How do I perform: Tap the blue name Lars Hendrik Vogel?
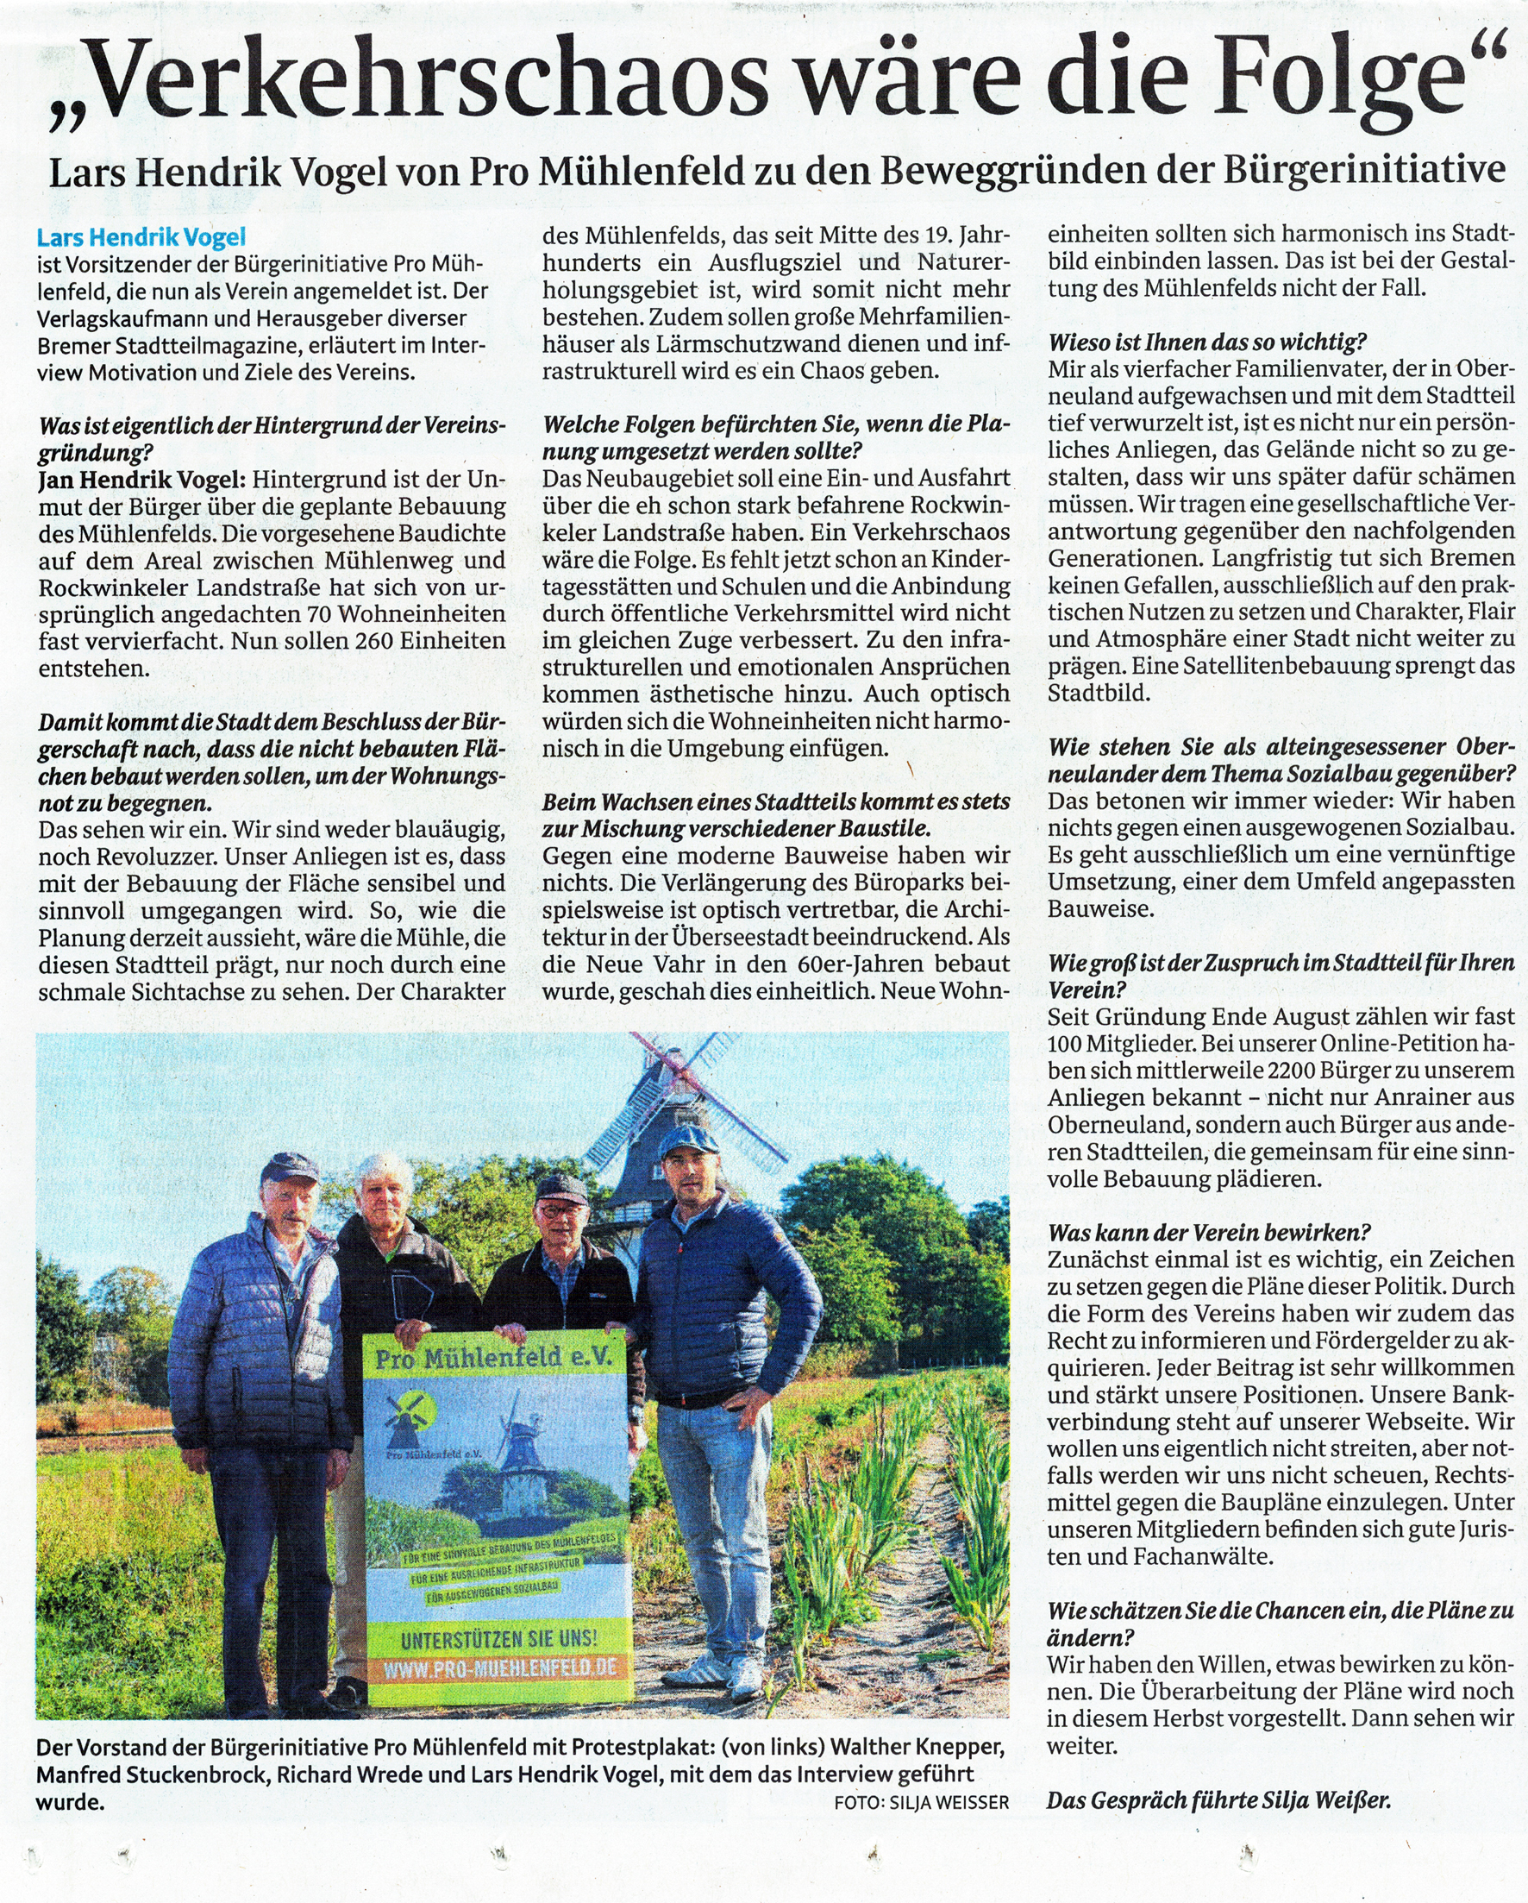141,237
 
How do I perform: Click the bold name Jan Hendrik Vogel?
141,480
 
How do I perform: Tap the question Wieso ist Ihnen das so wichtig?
1207,342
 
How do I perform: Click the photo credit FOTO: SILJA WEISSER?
921,1802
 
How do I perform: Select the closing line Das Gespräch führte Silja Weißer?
1218,1800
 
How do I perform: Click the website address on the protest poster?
498,1669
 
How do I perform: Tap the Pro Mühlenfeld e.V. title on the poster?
493,1358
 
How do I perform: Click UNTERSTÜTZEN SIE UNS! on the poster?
498,1639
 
